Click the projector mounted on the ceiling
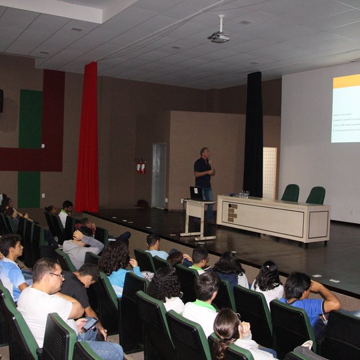219,36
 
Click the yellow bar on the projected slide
346,81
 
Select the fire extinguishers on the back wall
140,165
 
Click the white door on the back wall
159,175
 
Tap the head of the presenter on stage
204,153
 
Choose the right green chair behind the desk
316,195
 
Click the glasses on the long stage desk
245,195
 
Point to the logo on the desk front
232,212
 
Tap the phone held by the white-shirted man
89,324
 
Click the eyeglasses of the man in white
57,275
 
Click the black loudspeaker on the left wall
1,100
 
